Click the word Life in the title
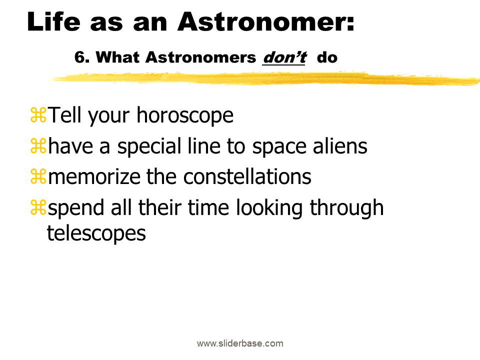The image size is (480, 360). click(54, 21)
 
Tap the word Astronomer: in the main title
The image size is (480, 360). click(266, 21)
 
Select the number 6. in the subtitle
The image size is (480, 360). click(82, 57)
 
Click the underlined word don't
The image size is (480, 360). click(284, 57)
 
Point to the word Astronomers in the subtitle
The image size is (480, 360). click(200, 57)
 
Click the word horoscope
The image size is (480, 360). click(185, 115)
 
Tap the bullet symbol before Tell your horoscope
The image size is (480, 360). click(38, 115)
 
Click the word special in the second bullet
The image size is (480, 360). click(149, 146)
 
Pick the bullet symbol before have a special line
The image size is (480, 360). click(38, 145)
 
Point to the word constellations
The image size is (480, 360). click(247, 176)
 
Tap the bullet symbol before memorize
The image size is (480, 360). click(38, 176)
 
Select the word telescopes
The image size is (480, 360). click(96, 234)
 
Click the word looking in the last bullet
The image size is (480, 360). click(269, 208)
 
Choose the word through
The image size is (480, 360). click(347, 208)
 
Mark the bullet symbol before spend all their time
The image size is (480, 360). click(38, 207)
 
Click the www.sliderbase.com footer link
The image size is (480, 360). click(240, 343)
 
